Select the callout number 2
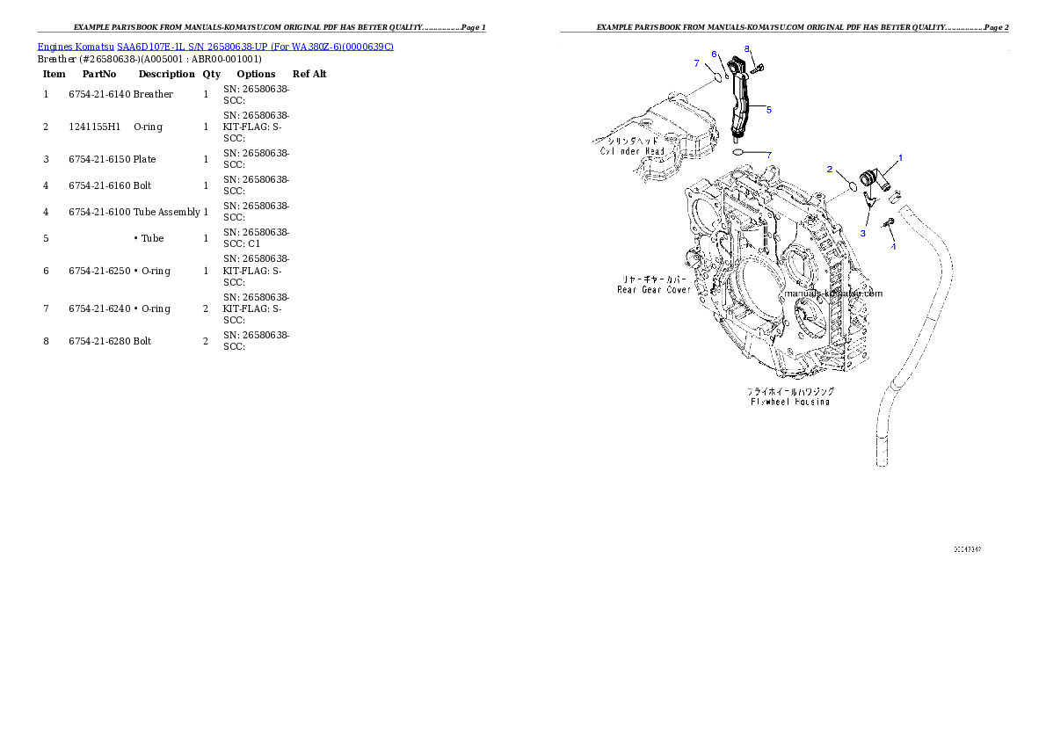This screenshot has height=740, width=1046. point(829,168)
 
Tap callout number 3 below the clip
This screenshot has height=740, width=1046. point(862,233)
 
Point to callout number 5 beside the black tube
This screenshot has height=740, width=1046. point(769,110)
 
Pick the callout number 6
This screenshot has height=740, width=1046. point(714,54)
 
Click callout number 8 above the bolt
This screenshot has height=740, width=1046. point(746,47)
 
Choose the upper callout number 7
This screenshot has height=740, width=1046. point(695,63)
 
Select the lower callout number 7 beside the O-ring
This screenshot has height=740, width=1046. point(769,155)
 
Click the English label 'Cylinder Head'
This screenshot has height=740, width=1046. point(633,151)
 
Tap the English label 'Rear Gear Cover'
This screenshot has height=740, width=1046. point(654,289)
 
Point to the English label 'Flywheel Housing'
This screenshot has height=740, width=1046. point(790,402)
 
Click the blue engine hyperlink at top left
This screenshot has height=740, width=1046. point(215,46)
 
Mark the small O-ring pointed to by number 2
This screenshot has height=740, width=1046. point(851,186)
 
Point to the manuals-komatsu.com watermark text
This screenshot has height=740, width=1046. point(833,294)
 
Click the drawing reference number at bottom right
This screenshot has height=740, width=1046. point(967,549)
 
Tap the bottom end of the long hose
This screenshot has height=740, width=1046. point(883,459)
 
